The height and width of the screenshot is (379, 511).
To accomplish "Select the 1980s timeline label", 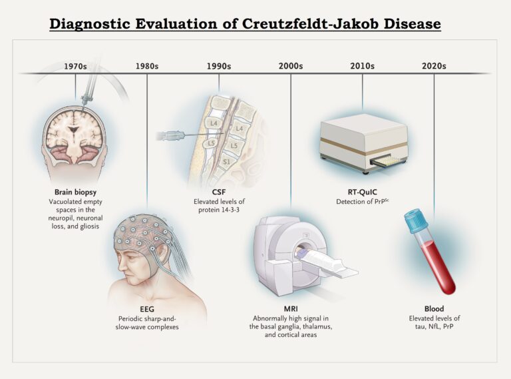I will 146,66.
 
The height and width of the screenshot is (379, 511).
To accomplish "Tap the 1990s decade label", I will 219,66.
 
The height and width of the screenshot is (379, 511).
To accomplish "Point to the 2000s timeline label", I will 291,66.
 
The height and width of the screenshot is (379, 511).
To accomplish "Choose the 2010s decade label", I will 362,66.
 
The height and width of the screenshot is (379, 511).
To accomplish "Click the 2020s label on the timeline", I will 434,66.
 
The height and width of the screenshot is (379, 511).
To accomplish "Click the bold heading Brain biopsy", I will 76,191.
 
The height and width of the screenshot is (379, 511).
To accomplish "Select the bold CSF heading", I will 220,192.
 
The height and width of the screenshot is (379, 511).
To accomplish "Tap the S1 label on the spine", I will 226,162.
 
